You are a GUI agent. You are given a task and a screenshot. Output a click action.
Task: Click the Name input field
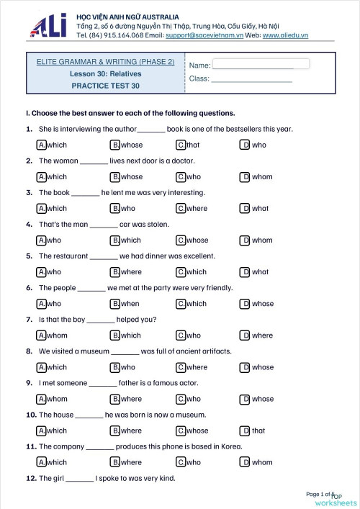(261, 64)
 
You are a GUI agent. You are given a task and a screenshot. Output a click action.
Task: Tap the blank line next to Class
(251, 79)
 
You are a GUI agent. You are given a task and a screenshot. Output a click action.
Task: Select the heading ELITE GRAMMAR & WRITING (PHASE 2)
(105, 62)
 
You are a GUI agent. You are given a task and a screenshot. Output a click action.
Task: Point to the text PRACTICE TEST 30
(105, 86)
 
